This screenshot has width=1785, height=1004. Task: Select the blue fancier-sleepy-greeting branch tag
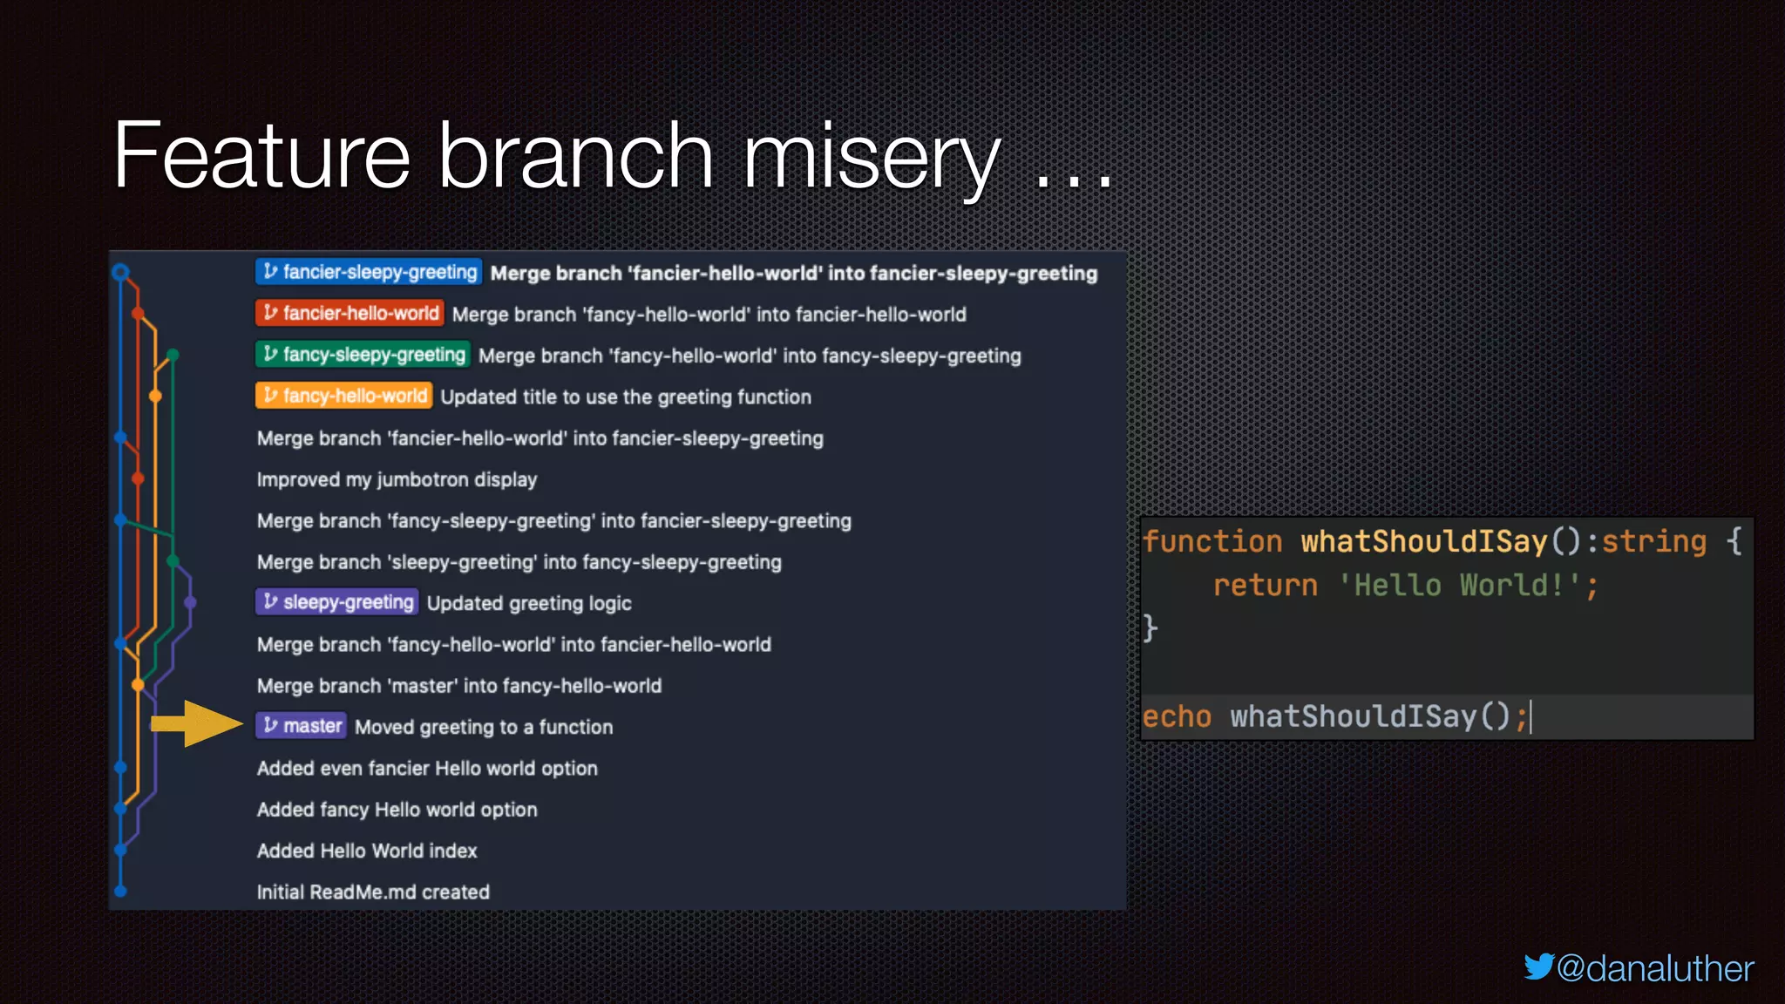(370, 272)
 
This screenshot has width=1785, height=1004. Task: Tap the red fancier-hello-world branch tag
(350, 313)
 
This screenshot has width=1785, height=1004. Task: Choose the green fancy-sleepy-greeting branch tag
(363, 355)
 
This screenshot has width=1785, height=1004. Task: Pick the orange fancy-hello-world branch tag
(344, 396)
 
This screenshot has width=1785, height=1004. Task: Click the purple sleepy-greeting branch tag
(337, 602)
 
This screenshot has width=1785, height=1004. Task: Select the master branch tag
(302, 726)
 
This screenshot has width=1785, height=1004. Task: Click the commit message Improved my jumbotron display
(397, 479)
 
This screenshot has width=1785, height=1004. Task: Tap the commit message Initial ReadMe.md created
(373, 892)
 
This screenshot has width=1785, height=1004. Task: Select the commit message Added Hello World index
(367, 851)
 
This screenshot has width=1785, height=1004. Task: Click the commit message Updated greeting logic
(529, 603)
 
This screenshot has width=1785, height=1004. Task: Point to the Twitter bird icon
(1538, 967)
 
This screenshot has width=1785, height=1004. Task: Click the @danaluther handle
(1654, 968)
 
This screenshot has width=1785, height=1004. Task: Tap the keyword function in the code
(1212, 541)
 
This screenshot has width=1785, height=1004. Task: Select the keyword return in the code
(1265, 585)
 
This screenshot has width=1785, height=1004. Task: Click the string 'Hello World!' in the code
(1459, 585)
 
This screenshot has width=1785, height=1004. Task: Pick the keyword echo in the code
(1177, 716)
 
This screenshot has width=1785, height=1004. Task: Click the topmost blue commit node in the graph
(121, 272)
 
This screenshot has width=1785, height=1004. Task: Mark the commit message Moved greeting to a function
(484, 727)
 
